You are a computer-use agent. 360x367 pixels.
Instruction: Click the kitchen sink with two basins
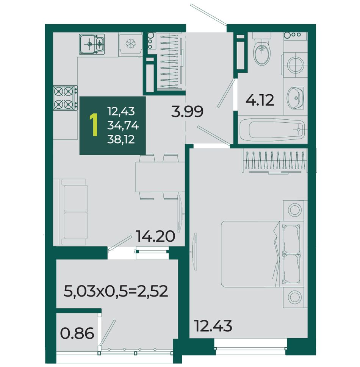coord(92,44)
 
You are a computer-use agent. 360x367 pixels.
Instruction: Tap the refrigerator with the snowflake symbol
coord(130,44)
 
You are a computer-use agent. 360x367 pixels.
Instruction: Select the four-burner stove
coord(65,98)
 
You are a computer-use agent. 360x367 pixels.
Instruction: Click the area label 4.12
coord(260,100)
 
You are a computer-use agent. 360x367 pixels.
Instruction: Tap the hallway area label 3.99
coord(187,111)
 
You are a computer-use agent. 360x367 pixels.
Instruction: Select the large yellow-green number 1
coord(94,125)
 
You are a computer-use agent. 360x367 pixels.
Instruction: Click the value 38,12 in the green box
coord(121,140)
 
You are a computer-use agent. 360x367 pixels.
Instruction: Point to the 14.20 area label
coord(155,236)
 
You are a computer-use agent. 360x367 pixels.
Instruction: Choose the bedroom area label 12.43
coord(213,326)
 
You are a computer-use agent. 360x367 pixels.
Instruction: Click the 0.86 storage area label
coord(77,333)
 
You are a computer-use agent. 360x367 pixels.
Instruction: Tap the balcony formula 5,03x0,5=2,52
coord(116,291)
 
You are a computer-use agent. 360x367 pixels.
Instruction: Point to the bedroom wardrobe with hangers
coord(274,162)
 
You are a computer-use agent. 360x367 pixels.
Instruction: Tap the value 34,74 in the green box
coord(123,126)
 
